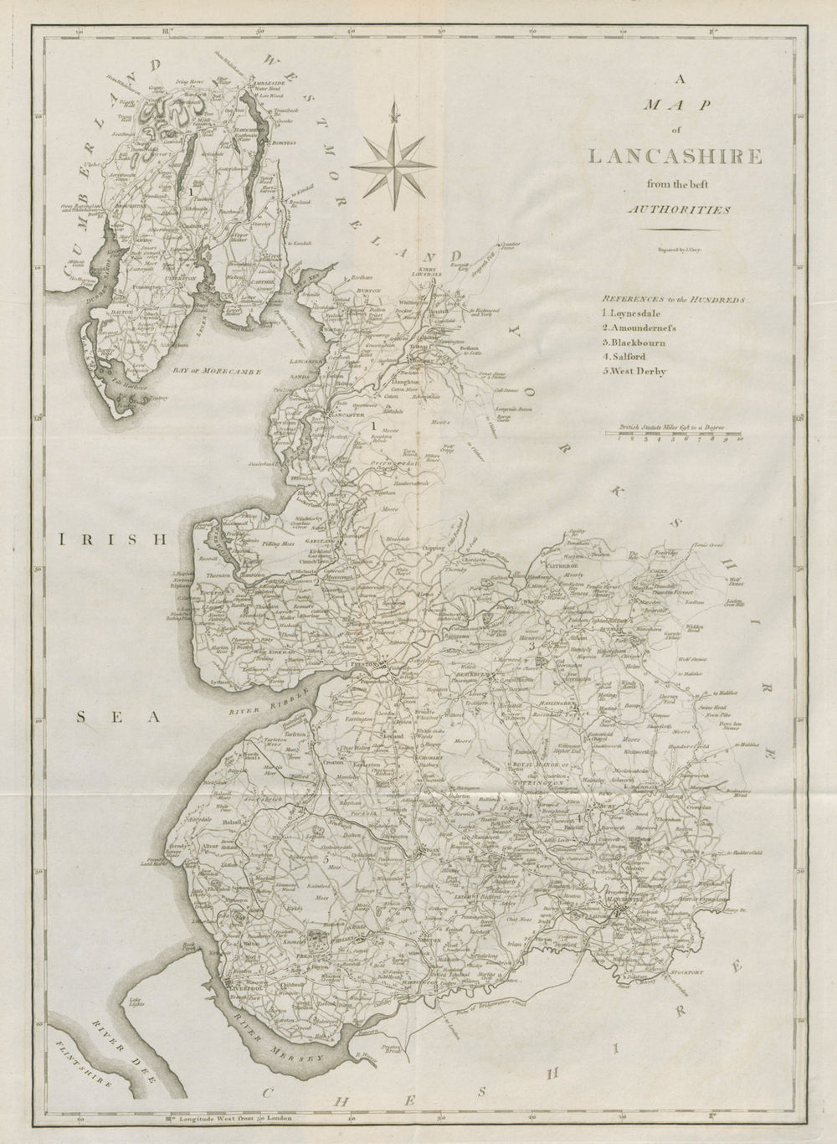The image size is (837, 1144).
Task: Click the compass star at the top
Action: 388,160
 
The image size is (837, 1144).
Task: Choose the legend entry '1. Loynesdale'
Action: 630,312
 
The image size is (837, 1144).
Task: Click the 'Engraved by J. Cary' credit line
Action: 661,250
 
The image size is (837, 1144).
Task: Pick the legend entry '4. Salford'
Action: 620,356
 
